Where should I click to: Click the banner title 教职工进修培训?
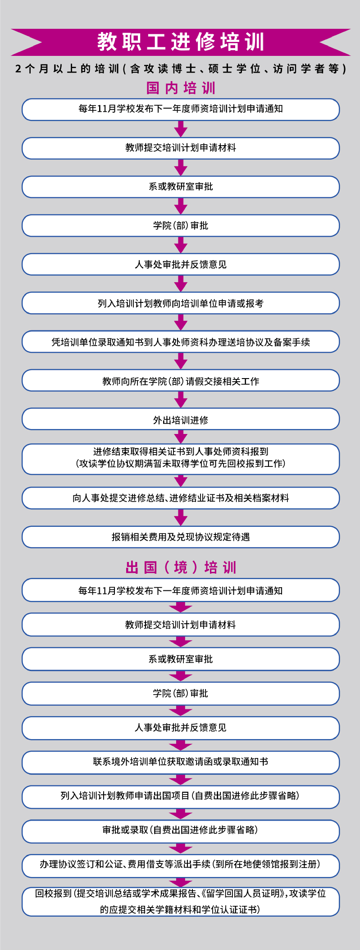[x=181, y=42]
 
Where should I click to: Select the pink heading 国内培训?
[x=181, y=88]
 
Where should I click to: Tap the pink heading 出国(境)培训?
[x=181, y=567]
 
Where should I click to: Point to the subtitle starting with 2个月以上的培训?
[x=181, y=69]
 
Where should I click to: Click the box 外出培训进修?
[x=181, y=420]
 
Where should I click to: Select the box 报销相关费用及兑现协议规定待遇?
[x=181, y=537]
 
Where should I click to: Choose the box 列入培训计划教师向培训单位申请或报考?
[x=181, y=303]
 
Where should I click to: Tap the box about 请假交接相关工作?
[x=181, y=381]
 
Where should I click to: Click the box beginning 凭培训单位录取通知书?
[x=181, y=342]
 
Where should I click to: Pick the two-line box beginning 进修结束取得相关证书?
[x=181, y=459]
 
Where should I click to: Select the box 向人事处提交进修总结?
[x=181, y=498]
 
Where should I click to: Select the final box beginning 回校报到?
[x=181, y=901]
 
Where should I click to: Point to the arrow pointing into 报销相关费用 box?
[x=181, y=517]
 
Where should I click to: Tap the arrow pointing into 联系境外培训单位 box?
[x=181, y=745]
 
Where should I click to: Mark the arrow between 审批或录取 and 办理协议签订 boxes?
[x=181, y=848]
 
